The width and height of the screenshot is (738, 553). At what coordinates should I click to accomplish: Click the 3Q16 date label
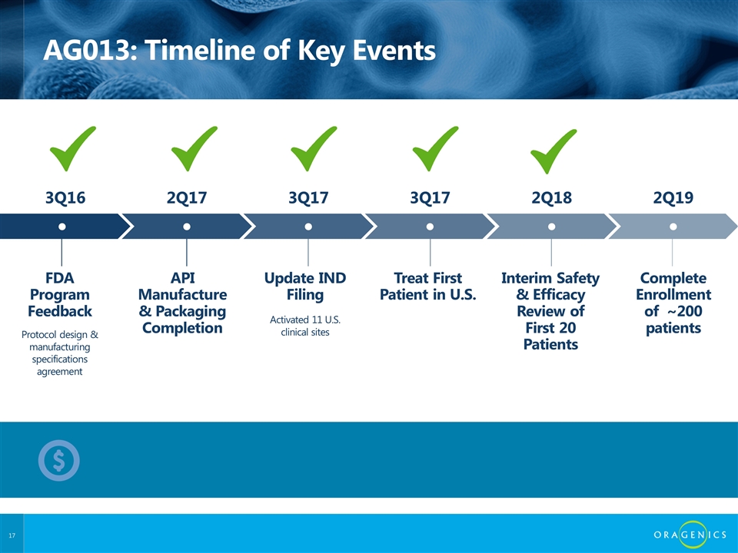pos(65,197)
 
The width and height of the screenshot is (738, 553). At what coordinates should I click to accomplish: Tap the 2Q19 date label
pos(673,197)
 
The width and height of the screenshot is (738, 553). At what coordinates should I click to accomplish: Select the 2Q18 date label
pos(552,197)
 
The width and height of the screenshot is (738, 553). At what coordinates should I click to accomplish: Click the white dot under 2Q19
pos(673,227)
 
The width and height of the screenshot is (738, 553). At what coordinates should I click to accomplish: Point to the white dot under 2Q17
pos(187,227)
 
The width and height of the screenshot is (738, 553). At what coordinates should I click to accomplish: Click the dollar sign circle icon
pos(59,460)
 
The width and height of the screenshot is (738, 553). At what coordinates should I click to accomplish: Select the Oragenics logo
pos(690,535)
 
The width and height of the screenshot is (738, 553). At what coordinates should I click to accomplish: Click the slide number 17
pos(12,535)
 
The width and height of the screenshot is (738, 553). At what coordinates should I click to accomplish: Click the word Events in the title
pos(394,50)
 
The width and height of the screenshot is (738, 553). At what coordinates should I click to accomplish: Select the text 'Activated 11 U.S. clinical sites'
pos(305,326)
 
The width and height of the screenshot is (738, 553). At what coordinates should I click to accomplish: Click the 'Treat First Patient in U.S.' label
pos(428,286)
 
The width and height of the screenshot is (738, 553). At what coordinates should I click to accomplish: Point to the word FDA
pos(60,278)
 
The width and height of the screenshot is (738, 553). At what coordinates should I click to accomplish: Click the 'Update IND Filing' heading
pos(305,286)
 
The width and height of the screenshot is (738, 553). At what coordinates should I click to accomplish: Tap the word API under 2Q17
pos(183,278)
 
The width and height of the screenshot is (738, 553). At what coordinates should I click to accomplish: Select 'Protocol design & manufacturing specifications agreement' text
pos(60,353)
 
